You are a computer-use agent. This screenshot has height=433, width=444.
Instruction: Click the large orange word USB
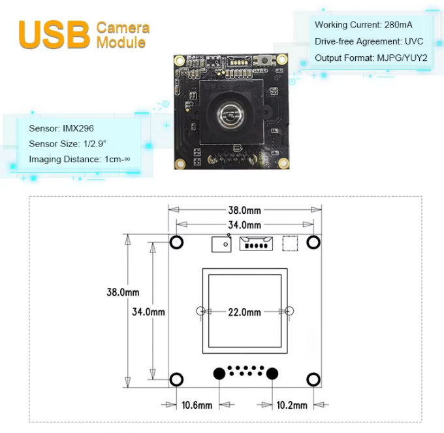tap(54, 33)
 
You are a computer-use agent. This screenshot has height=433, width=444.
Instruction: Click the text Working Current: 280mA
tap(363, 25)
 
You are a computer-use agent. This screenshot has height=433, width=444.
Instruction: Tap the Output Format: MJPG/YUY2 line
tap(370, 58)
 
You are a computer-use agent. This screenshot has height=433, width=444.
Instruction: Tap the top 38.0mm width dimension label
tap(244, 211)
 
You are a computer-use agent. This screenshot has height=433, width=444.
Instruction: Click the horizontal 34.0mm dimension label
tap(244, 225)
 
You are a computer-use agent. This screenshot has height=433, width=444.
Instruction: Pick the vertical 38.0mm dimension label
tap(123, 292)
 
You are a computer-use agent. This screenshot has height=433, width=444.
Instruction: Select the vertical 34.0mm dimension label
tap(148, 312)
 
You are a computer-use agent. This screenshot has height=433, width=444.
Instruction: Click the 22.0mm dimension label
tap(244, 312)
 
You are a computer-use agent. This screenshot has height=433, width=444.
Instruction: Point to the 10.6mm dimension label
tap(197, 406)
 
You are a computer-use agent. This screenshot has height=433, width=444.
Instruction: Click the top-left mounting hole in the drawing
tap(176, 242)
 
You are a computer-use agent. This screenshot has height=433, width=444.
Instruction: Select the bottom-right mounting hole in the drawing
tap(313, 379)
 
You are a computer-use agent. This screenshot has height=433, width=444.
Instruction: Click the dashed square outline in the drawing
tap(289, 243)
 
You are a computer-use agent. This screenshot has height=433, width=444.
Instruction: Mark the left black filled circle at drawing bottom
tap(219, 373)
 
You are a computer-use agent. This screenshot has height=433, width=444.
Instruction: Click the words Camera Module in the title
tap(123, 35)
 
